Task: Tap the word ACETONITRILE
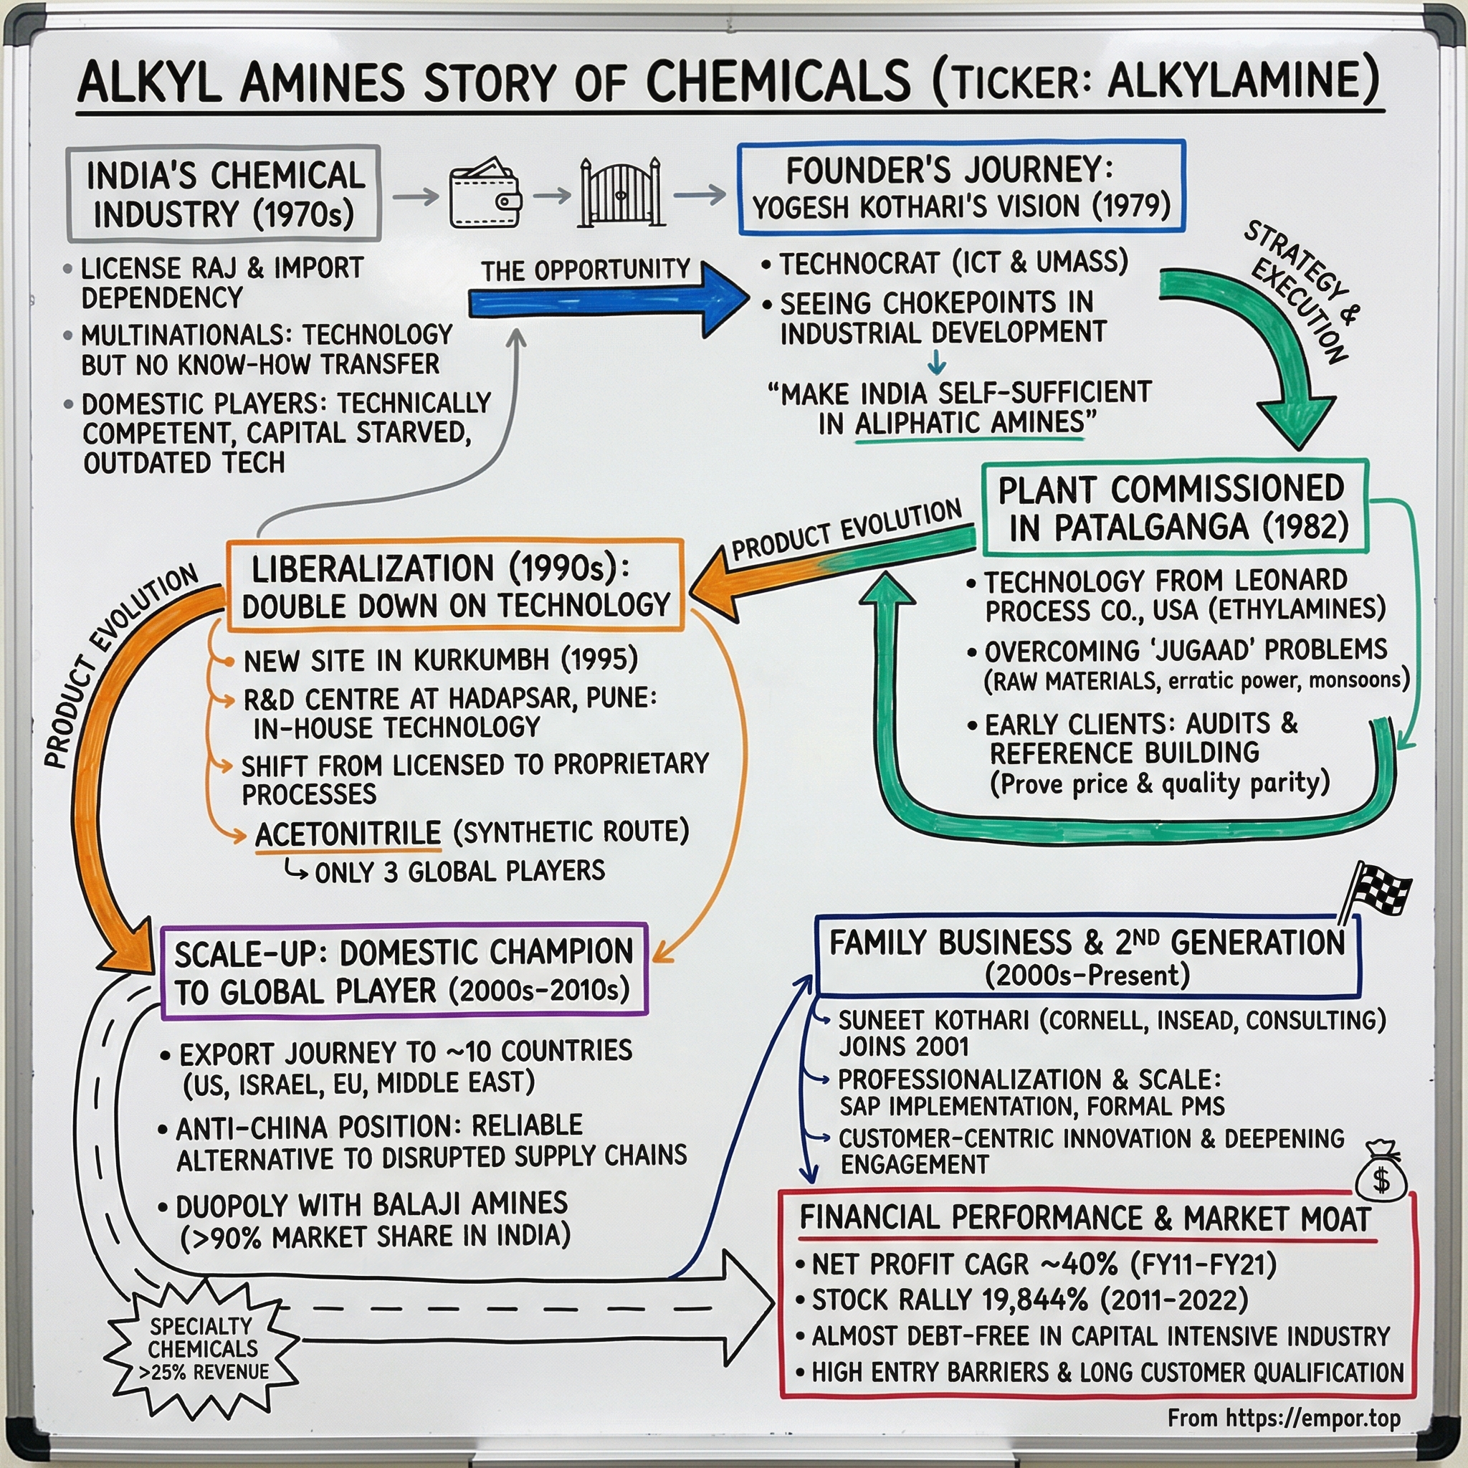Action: point(348,833)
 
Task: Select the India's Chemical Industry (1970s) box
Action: point(224,194)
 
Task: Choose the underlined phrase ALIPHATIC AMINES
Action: point(970,422)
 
